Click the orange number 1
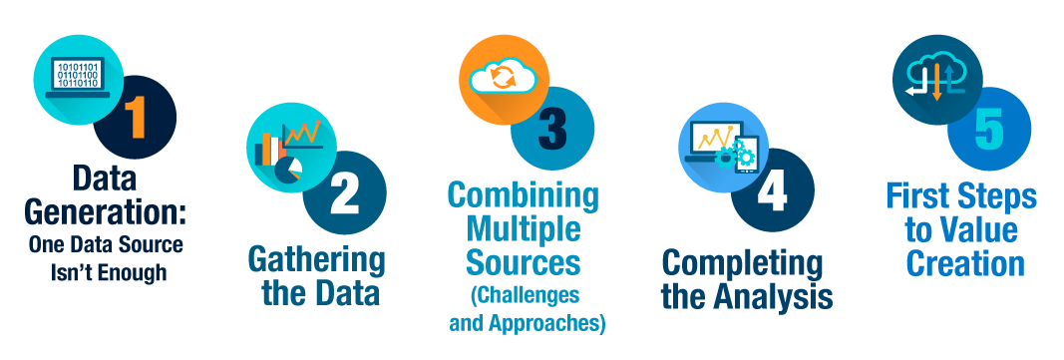coord(137,117)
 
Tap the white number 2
coord(345,193)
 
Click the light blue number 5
coord(988,128)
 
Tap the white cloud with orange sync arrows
coord(503,75)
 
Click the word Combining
coord(524,196)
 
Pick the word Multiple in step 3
coord(524,229)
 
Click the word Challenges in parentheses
coord(526,295)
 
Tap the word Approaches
coord(547,323)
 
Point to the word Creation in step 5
coord(965,263)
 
